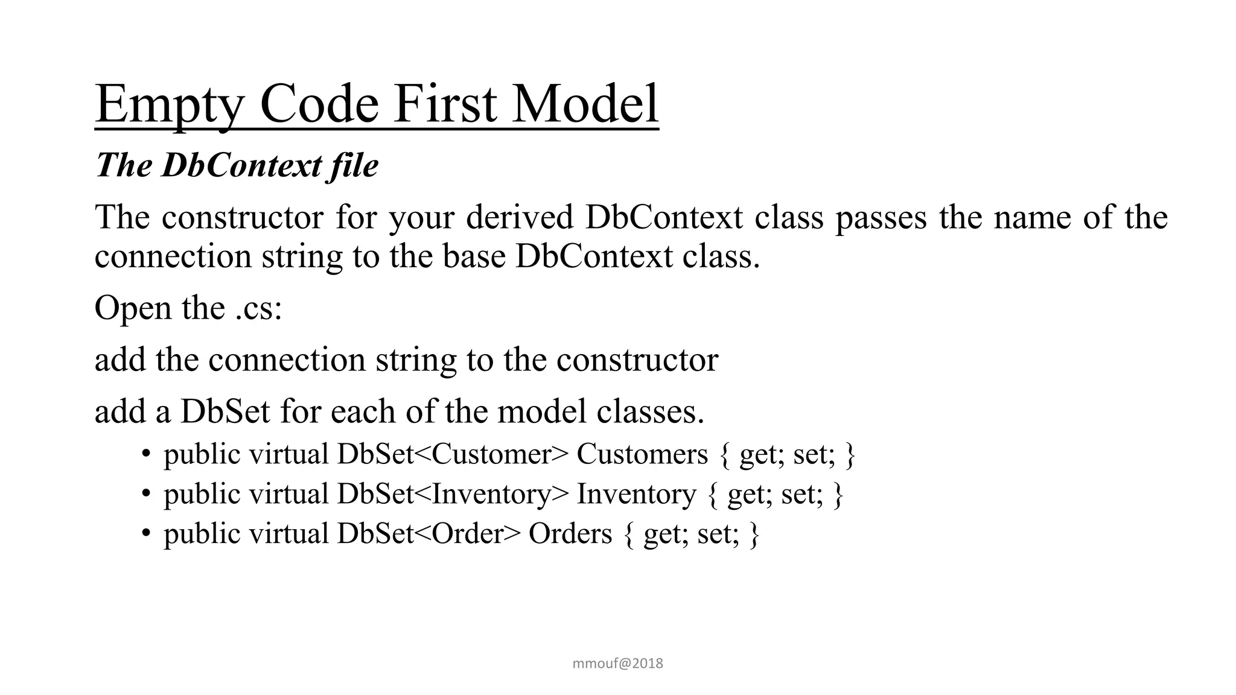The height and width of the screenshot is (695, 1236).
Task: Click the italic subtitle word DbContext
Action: [x=241, y=165]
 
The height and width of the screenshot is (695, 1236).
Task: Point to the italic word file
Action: [x=354, y=165]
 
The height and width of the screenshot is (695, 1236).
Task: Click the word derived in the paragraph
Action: [x=520, y=217]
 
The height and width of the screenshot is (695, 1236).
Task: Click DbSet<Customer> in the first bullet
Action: [x=453, y=454]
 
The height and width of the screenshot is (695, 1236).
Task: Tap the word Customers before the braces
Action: [x=642, y=454]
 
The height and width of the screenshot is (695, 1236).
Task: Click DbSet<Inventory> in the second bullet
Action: [x=453, y=494]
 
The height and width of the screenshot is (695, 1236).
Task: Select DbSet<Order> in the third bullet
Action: [x=428, y=534]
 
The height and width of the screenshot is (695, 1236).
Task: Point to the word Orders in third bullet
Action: [x=570, y=534]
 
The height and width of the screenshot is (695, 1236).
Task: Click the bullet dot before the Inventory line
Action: [x=145, y=494]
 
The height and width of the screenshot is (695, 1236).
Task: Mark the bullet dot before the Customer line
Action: [x=145, y=454]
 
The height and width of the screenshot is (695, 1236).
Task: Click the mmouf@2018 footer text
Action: [x=617, y=664]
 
